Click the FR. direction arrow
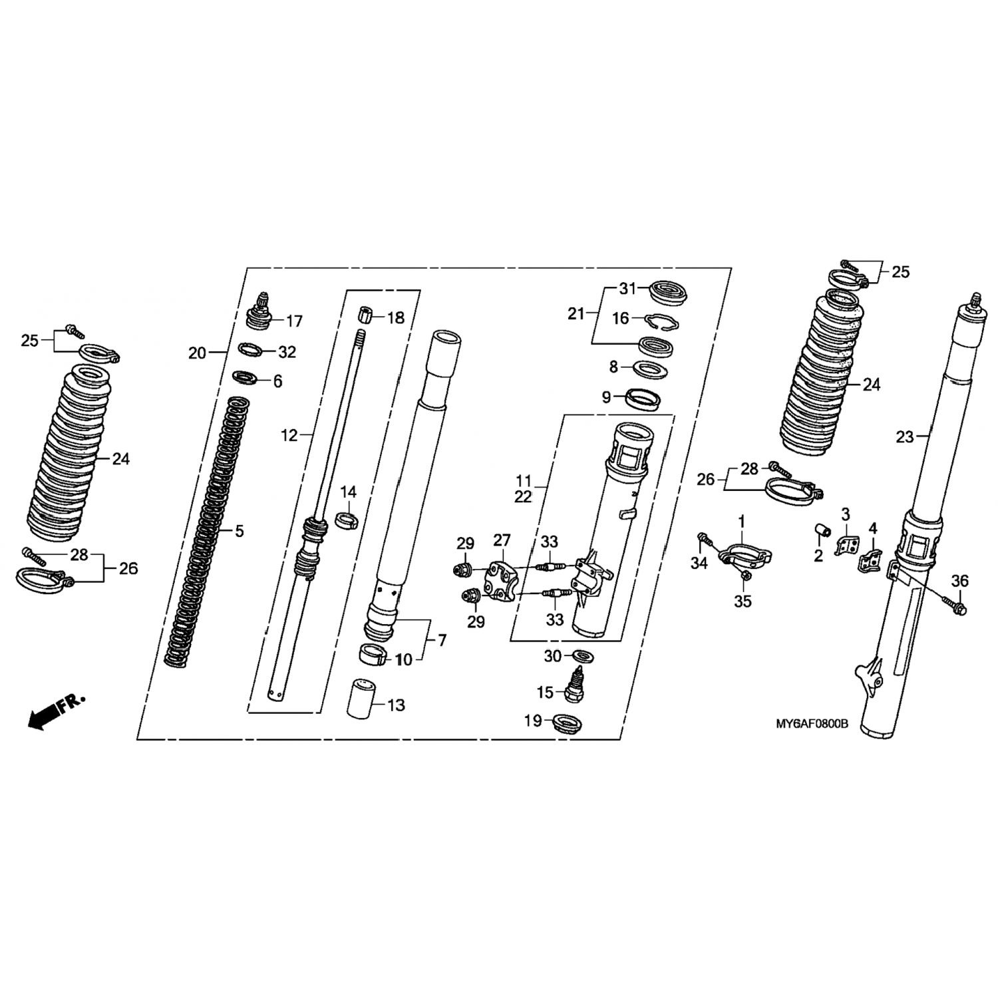pyautogui.click(x=57, y=710)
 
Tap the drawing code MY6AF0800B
pyautogui.click(x=812, y=723)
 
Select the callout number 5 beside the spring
pyautogui.click(x=240, y=531)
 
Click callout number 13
pyautogui.click(x=396, y=705)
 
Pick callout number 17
pyautogui.click(x=294, y=321)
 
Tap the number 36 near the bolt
pyautogui.click(x=959, y=581)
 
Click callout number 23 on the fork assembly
pyautogui.click(x=905, y=437)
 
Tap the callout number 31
pyautogui.click(x=628, y=289)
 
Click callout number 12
pyautogui.click(x=289, y=436)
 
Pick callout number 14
pyautogui.click(x=349, y=492)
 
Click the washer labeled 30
pyautogui.click(x=583, y=656)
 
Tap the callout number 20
pyautogui.click(x=197, y=353)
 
